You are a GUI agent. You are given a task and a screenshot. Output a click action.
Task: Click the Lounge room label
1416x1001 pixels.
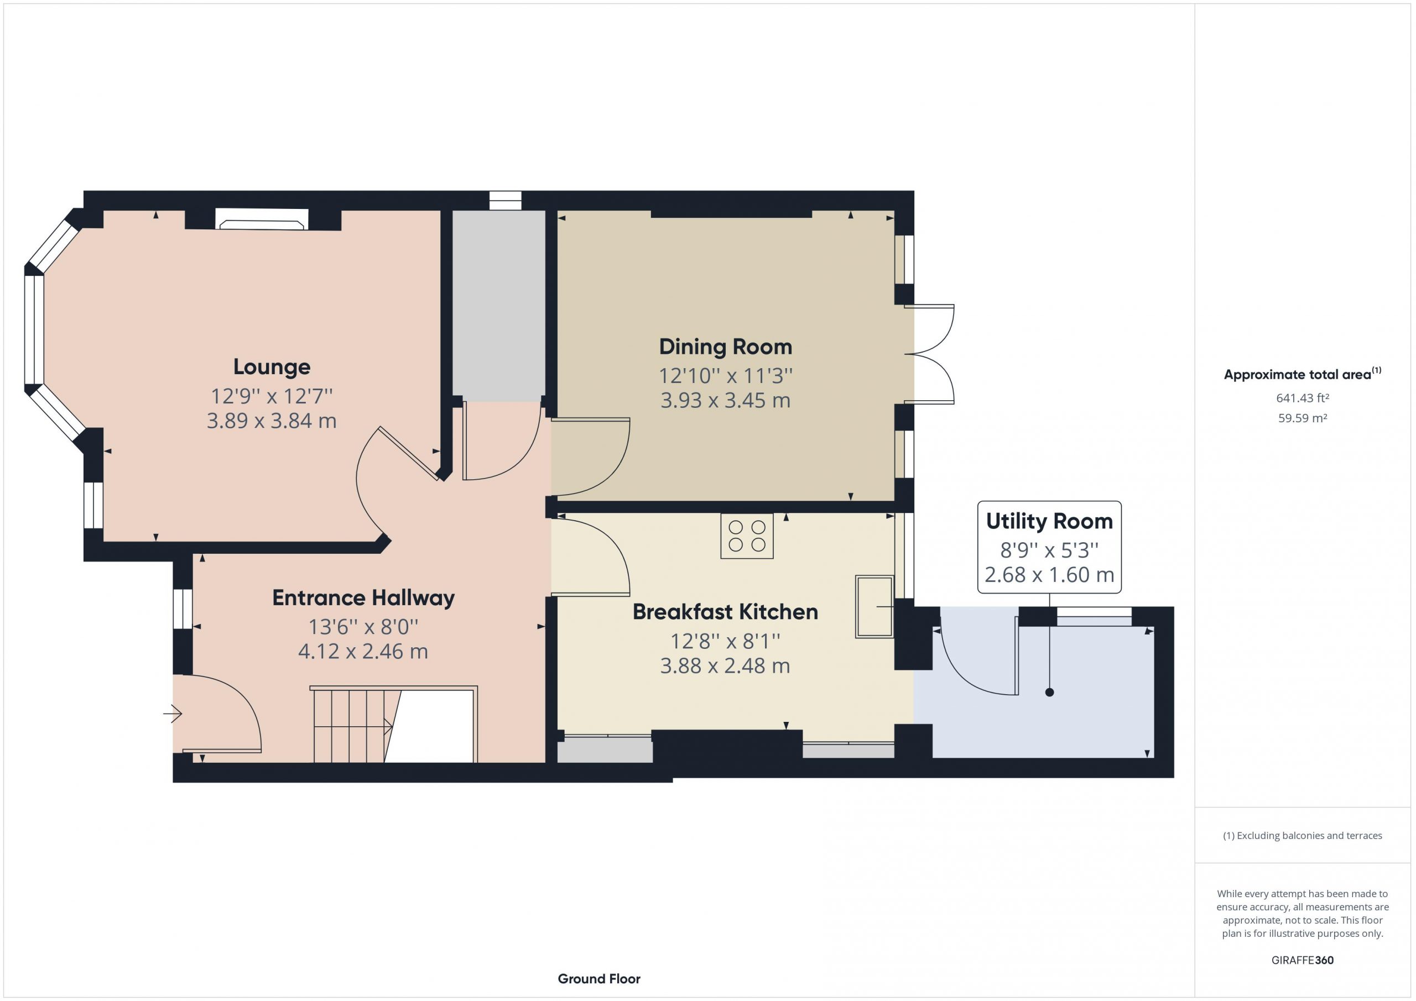coord(272,367)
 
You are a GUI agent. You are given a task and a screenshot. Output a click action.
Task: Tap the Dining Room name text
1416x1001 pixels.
coord(725,347)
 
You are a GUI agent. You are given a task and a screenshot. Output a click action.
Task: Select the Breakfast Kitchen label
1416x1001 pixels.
coord(725,611)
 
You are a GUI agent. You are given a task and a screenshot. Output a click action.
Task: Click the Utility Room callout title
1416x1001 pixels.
coord(1049,521)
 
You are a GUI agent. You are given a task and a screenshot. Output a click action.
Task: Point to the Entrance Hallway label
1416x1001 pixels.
coord(363,598)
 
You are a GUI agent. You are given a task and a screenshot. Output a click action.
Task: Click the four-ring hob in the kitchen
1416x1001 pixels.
coord(747,536)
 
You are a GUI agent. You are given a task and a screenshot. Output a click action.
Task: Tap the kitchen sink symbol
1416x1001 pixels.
coord(874,606)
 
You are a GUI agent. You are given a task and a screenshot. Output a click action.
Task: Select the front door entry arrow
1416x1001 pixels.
coord(173,714)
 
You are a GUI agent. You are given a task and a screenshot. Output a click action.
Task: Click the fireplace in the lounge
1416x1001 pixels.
coord(262,219)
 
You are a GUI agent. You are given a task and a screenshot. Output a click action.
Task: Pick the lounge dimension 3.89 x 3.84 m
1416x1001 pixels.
coord(272,421)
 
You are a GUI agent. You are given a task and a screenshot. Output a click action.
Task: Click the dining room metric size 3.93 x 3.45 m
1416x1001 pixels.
coord(725,401)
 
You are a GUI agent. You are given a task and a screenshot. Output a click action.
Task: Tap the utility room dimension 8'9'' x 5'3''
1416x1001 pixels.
coord(1049,550)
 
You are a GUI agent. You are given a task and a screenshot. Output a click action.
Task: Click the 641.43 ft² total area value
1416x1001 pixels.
coord(1302,398)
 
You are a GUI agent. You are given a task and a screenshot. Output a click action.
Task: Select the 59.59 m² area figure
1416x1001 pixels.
coord(1302,418)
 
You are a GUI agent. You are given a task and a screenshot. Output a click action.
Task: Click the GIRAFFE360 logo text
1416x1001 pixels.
coord(1302,960)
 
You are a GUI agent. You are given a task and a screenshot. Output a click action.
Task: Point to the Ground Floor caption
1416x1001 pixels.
coord(599,978)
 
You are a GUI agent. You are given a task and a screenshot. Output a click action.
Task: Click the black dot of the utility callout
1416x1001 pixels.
coord(1050,692)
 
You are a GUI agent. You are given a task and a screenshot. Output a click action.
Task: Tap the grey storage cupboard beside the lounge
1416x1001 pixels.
coord(499,306)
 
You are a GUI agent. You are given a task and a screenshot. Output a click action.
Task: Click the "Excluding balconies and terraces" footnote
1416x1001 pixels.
coord(1302,835)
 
